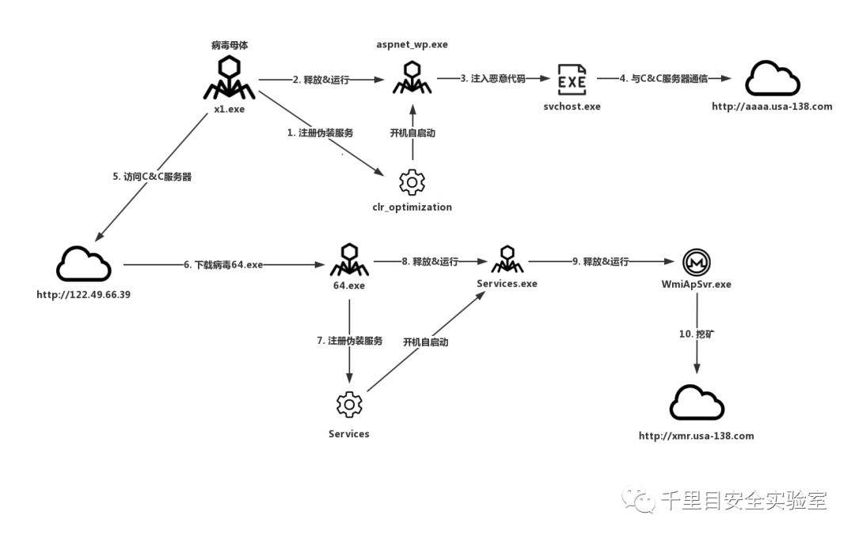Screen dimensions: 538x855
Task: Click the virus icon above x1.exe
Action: pyautogui.click(x=230, y=78)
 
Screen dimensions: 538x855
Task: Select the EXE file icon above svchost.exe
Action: pyautogui.click(x=572, y=80)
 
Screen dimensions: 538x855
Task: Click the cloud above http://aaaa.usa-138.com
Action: pyautogui.click(x=773, y=79)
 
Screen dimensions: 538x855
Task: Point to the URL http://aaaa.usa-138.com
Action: pyautogui.click(x=772, y=106)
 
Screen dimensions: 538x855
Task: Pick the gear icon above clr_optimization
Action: pyautogui.click(x=412, y=182)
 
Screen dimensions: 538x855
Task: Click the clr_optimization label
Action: pyautogui.click(x=412, y=208)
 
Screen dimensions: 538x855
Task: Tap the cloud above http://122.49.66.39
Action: pyautogui.click(x=83, y=264)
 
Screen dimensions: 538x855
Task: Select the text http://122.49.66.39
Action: pyautogui.click(x=82, y=295)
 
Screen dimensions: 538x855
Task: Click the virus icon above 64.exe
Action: pyautogui.click(x=348, y=260)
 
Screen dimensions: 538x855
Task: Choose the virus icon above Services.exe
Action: pyautogui.click(x=507, y=260)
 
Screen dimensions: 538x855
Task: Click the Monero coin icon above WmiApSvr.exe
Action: pyautogui.click(x=697, y=261)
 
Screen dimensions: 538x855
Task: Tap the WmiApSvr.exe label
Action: pyautogui.click(x=697, y=284)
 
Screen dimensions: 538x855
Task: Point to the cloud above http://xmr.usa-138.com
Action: pyautogui.click(x=697, y=403)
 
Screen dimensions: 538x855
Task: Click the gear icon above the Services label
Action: pyautogui.click(x=349, y=405)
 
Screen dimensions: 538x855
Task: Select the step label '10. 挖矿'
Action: pyautogui.click(x=697, y=335)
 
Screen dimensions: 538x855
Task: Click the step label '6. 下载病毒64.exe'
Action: pyautogui.click(x=222, y=265)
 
